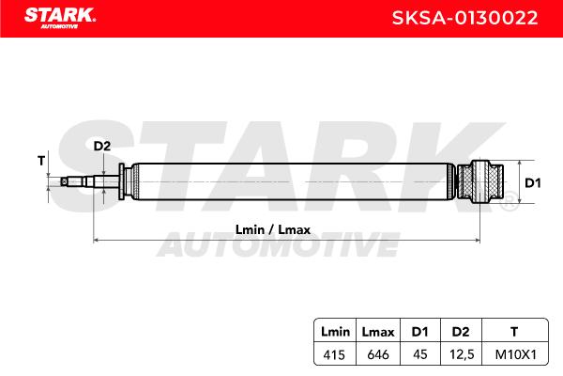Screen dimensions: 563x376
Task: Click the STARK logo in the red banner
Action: coord(60,18)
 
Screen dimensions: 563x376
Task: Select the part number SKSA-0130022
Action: coord(464,18)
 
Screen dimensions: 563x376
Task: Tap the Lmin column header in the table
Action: coord(335,332)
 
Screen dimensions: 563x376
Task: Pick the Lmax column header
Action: coord(378,332)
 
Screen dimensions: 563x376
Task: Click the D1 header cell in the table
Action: coord(419,332)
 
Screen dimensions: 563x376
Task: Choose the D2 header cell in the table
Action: coord(461,332)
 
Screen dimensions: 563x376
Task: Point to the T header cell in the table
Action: coord(514,332)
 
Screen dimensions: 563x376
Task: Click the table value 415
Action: coord(334,354)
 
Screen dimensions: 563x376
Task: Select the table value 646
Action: coord(378,354)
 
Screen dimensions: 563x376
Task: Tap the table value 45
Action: coord(420,354)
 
